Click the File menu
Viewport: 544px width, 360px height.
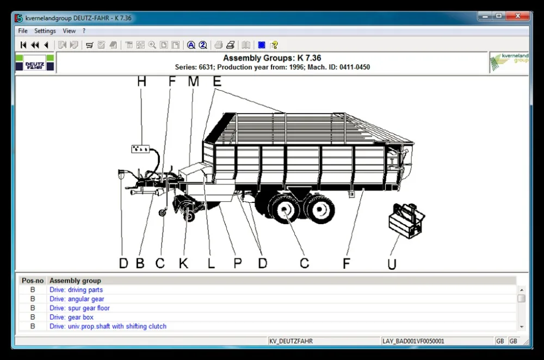click(x=23, y=31)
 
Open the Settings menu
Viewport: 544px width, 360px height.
click(x=45, y=31)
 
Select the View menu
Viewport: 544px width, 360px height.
click(x=69, y=31)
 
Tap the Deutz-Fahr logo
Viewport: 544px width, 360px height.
click(x=35, y=63)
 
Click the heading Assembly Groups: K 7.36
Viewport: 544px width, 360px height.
click(x=272, y=58)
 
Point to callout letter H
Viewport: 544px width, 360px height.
click(x=141, y=82)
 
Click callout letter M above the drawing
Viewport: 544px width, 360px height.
click(x=193, y=82)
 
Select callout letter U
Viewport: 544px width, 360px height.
click(x=392, y=264)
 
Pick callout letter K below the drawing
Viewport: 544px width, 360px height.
click(x=184, y=264)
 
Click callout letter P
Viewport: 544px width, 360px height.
click(x=238, y=264)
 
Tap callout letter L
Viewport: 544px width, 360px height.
click(x=211, y=264)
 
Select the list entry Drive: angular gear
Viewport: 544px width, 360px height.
click(x=77, y=299)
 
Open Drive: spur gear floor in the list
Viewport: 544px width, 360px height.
click(x=79, y=308)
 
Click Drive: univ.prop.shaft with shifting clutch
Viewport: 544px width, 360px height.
click(x=108, y=326)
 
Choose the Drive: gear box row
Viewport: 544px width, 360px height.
click(x=71, y=317)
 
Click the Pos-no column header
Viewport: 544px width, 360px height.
click(x=32, y=281)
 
